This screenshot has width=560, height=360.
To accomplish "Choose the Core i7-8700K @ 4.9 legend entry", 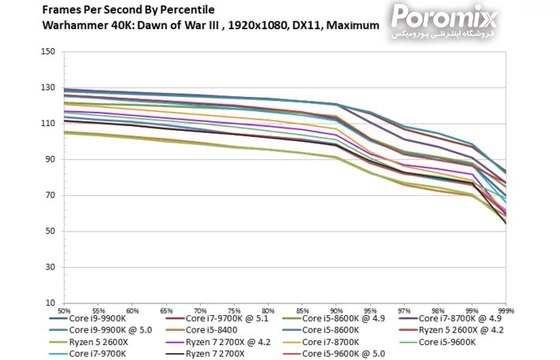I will (454, 318).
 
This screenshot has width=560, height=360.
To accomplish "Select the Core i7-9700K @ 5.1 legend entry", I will (229, 318).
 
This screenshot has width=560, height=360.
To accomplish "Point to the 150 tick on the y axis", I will (48, 52).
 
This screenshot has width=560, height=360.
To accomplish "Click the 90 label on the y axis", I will (50, 160).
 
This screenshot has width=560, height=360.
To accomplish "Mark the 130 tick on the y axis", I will (48, 88).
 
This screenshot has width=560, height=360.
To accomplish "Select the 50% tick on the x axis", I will (65, 311).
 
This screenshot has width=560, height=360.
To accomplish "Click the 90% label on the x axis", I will (337, 311).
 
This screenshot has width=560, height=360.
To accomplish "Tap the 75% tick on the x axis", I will (235, 311).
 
